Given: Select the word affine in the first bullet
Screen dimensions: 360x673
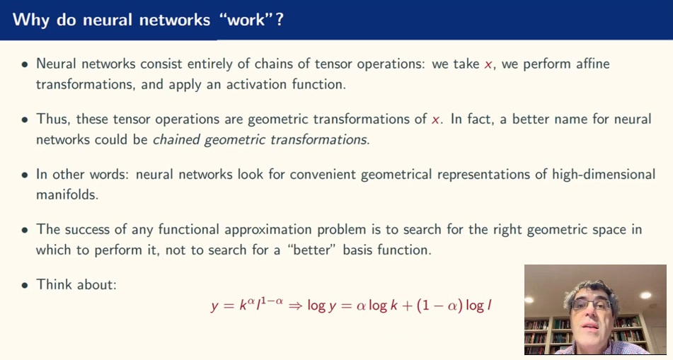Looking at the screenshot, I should click(589, 64).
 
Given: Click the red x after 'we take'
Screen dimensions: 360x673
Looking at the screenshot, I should click(488, 64).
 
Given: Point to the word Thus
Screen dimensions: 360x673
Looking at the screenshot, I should click(52, 119).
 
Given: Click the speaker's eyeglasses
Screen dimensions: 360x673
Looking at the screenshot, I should click(591, 303).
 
